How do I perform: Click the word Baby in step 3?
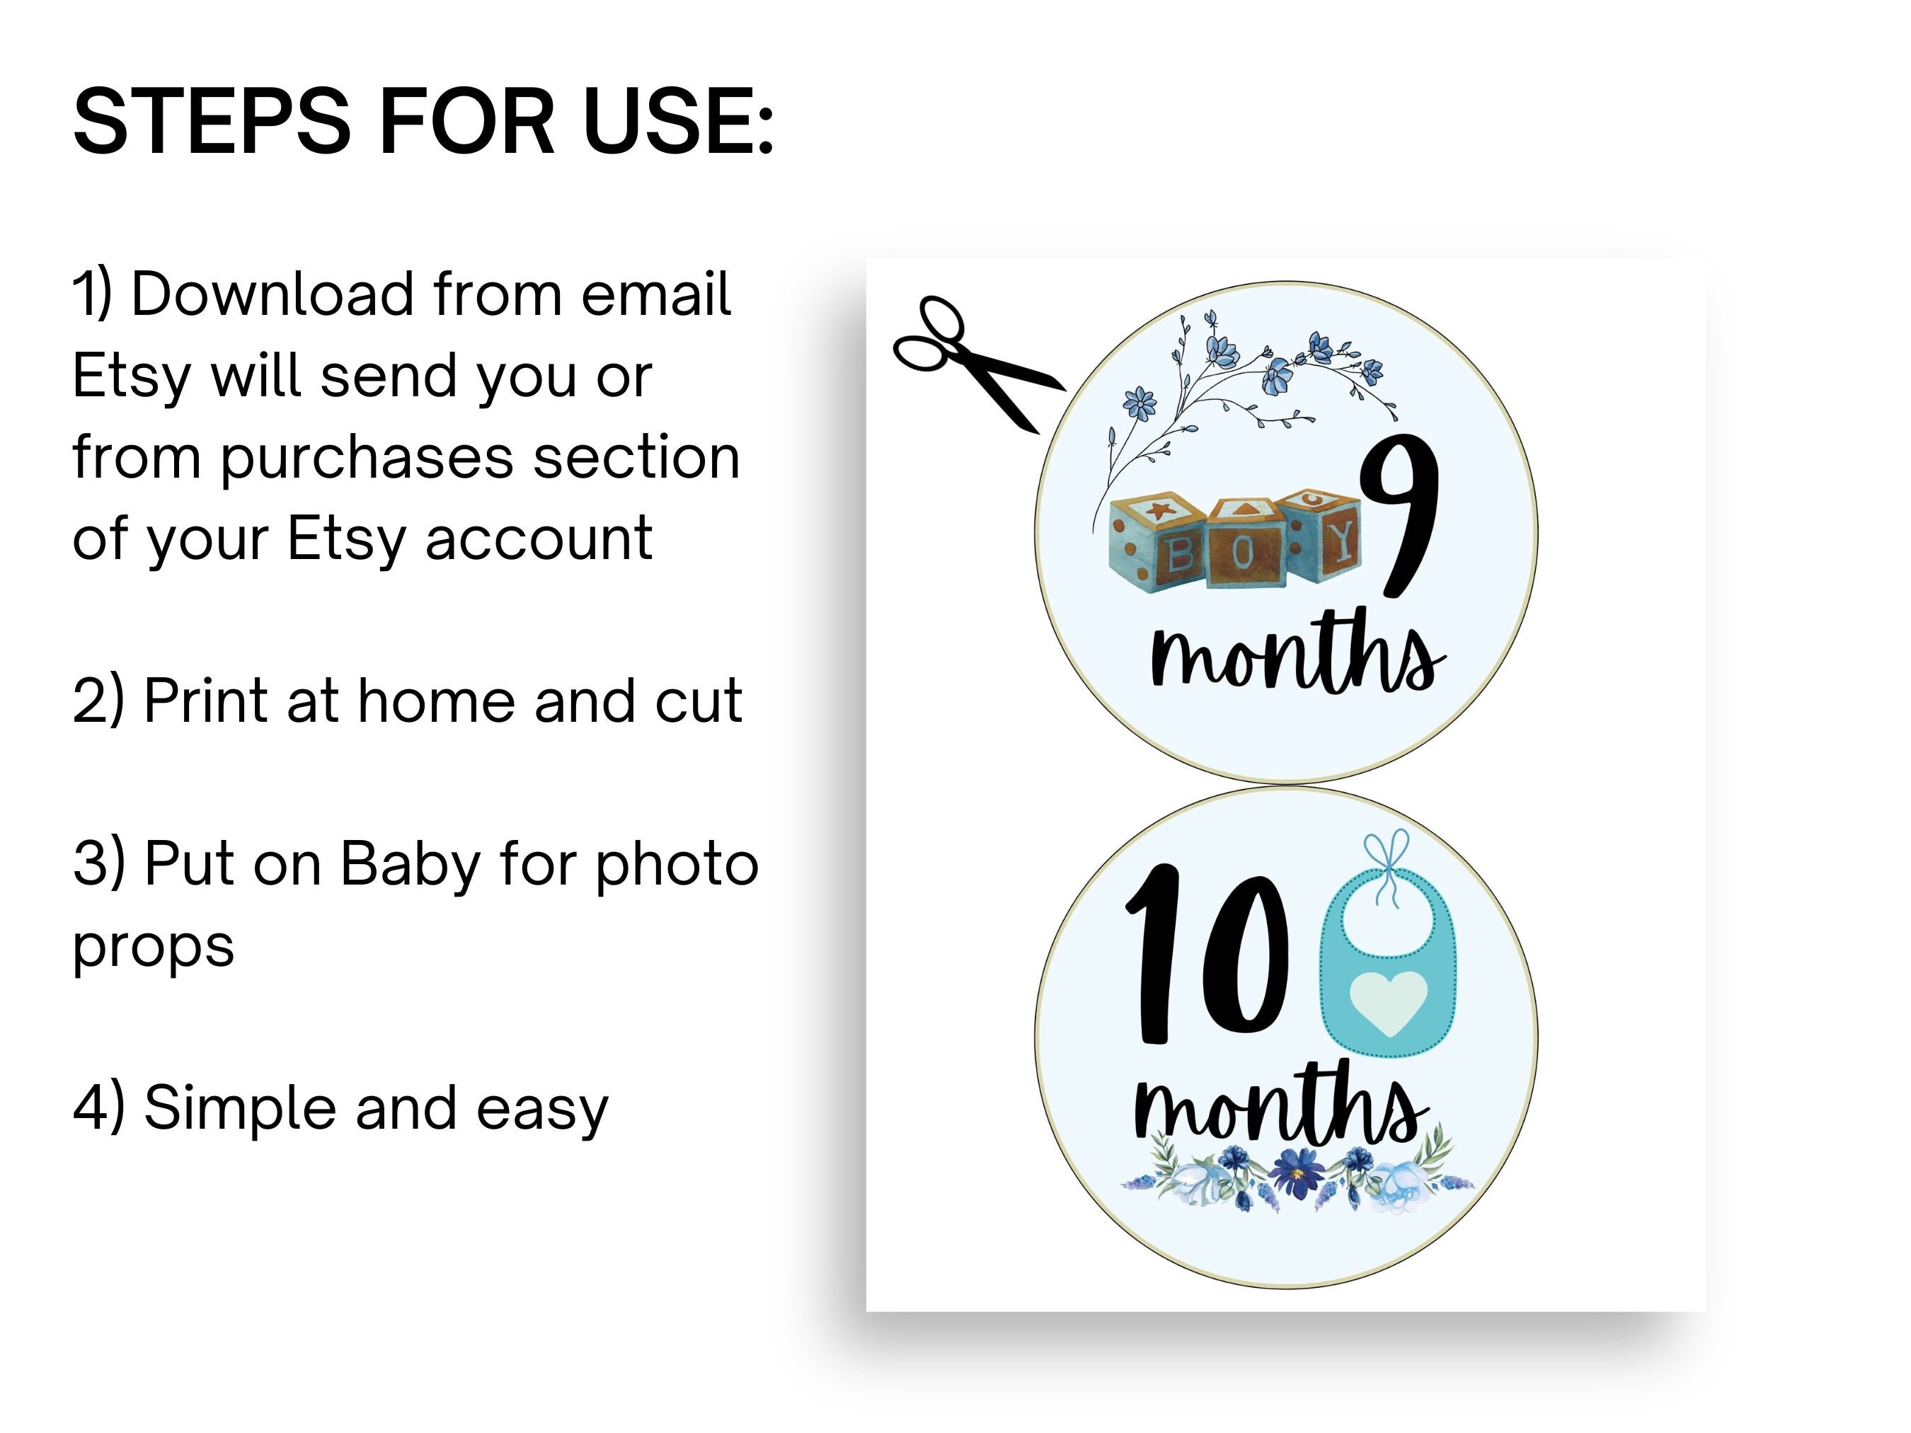pos(410,864)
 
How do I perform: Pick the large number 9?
pos(1399,514)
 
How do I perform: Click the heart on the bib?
pos(1389,1002)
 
